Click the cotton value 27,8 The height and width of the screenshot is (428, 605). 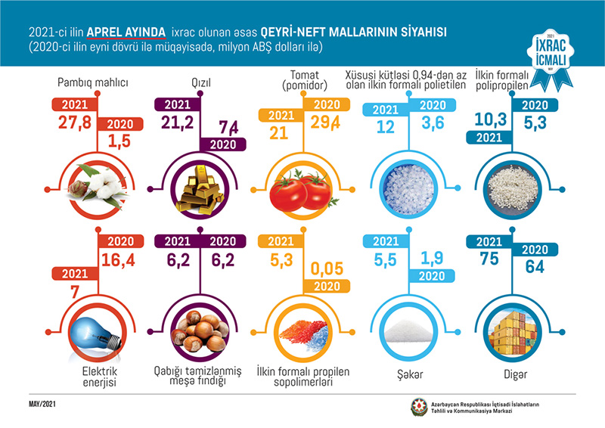pos(76,123)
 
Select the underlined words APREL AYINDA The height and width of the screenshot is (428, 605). pos(126,31)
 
